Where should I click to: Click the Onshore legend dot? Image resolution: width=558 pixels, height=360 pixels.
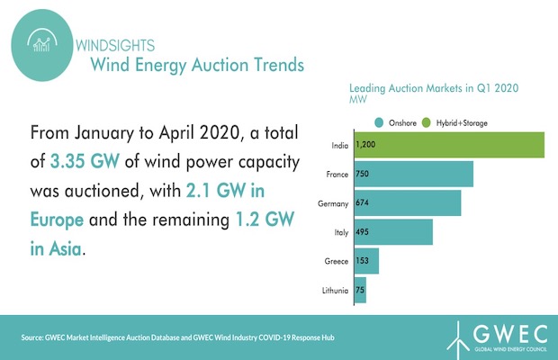point(382,122)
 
